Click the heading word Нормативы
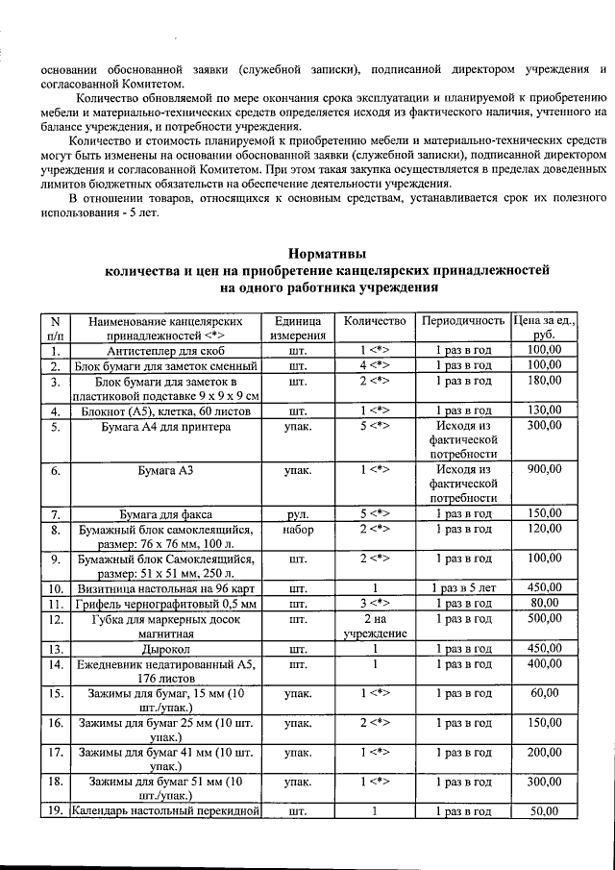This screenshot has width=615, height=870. pos(328,254)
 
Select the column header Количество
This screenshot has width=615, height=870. pos(375,319)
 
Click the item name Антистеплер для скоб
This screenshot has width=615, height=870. pos(166,351)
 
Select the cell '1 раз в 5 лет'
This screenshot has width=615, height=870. pos(463,587)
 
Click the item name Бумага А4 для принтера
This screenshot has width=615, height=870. pos(166,425)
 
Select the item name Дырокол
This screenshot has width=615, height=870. pos(166,649)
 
